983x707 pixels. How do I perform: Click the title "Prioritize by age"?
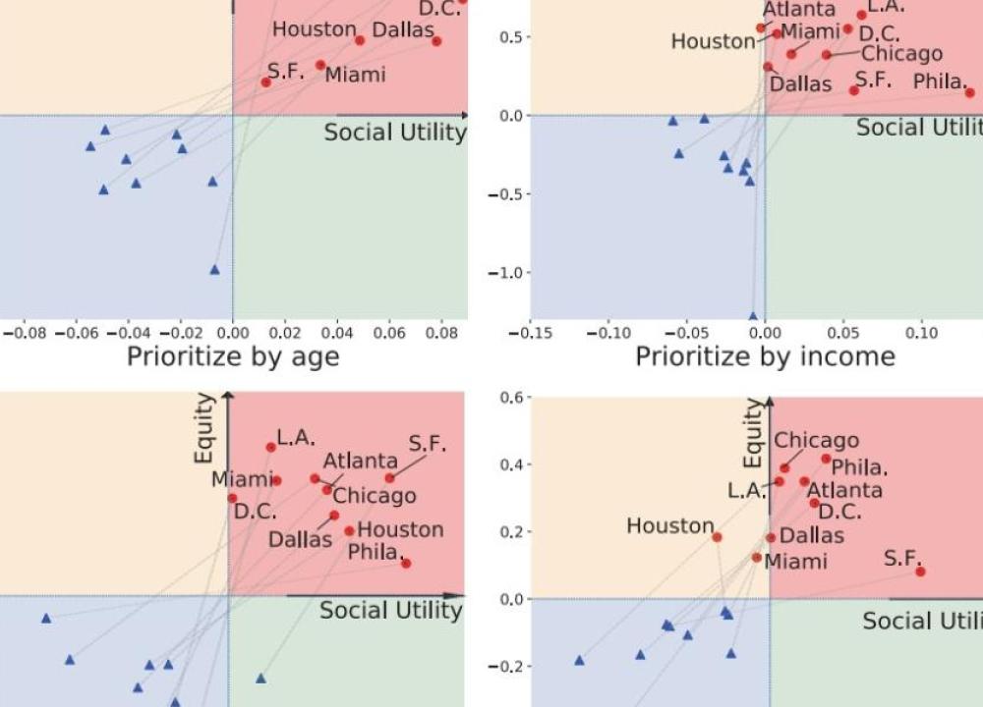pyautogui.click(x=233, y=355)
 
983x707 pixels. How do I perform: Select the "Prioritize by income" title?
pyautogui.click(x=765, y=355)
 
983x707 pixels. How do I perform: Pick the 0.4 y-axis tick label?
pyautogui.click(x=515, y=464)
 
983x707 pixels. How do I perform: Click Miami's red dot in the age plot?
pyautogui.click(x=320, y=66)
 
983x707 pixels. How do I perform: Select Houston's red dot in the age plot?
pyautogui.click(x=360, y=40)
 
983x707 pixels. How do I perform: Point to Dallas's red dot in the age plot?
pyautogui.click(x=436, y=41)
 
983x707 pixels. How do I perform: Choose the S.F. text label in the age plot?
pyautogui.click(x=285, y=71)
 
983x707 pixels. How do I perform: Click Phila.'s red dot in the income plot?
pyautogui.click(x=969, y=92)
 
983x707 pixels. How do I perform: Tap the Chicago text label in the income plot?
pyautogui.click(x=901, y=53)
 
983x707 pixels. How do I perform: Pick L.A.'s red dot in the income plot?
pyautogui.click(x=862, y=15)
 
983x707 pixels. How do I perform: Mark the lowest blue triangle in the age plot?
pyautogui.click(x=214, y=269)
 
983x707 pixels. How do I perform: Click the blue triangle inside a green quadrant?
pyautogui.click(x=260, y=678)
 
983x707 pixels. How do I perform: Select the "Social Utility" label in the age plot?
pyautogui.click(x=395, y=133)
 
